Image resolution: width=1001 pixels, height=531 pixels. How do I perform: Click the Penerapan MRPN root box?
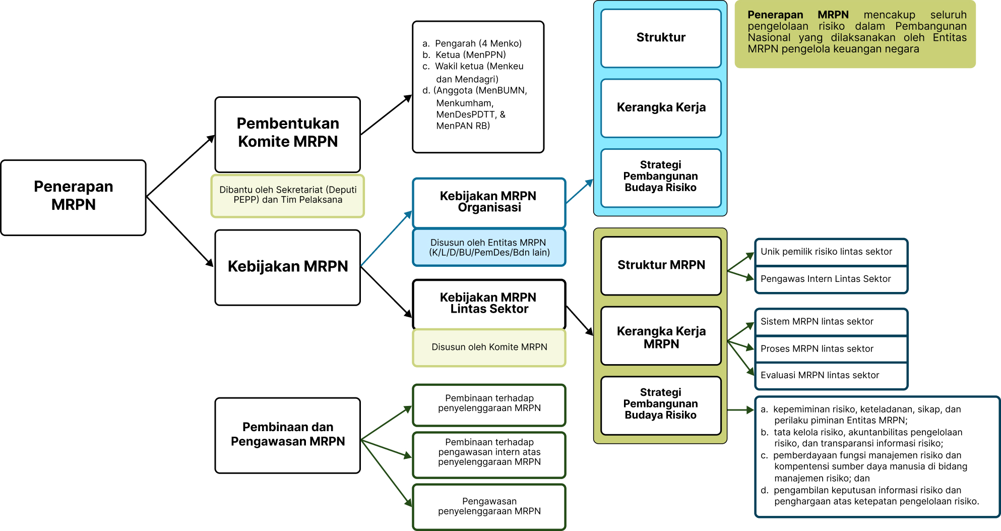tap(74, 198)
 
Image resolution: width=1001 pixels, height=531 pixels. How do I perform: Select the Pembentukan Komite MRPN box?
tap(287, 135)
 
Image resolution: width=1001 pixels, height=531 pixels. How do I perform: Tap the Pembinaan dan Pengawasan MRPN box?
tap(287, 435)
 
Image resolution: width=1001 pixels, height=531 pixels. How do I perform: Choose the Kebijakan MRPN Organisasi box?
tap(488, 202)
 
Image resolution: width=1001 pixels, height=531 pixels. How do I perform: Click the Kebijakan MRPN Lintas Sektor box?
tap(488, 304)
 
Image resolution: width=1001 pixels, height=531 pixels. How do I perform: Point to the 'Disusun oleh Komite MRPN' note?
tap(489, 347)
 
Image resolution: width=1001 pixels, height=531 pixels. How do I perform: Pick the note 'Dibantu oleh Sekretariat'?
tap(287, 195)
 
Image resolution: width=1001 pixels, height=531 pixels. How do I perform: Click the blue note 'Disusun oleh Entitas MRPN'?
tap(489, 248)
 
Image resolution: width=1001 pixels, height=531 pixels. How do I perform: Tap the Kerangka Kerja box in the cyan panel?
tap(661, 108)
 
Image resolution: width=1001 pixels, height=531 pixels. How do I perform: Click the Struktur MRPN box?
tap(661, 266)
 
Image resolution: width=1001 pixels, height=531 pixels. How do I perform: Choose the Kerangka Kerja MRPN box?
tap(661, 336)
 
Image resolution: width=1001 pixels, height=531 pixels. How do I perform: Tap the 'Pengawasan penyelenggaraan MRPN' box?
tap(489, 506)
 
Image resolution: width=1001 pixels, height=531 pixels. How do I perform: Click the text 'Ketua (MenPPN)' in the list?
tap(470, 55)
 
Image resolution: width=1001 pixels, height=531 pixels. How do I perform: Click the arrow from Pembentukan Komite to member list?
tap(386, 115)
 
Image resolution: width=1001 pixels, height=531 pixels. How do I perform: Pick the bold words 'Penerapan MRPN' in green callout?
tap(797, 15)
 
